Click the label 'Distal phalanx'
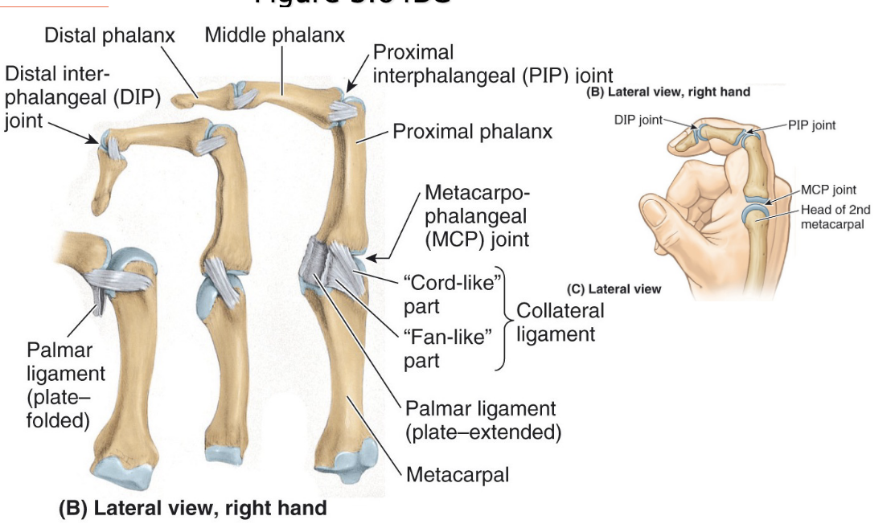coord(109,35)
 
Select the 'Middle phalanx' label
coord(275,35)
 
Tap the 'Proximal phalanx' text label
coord(473,131)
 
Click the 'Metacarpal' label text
coord(458,474)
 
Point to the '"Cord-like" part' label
coord(452,295)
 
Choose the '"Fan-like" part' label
coord(446,349)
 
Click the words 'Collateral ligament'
coord(560,321)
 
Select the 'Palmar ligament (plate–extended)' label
coord(482,420)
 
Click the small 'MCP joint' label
coord(828,190)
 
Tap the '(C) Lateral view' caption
coord(614,289)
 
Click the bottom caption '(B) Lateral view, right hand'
coord(192,508)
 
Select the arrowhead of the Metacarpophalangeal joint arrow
coord(371,257)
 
